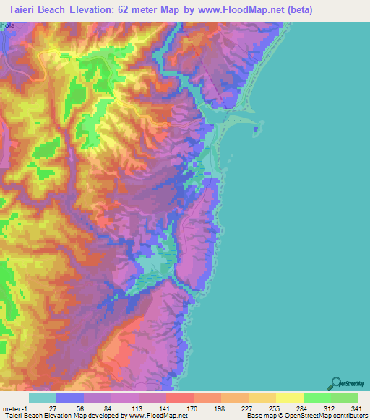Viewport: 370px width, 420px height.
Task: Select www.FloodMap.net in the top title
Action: (271, 10)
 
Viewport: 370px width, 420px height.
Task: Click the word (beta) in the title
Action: (340, 10)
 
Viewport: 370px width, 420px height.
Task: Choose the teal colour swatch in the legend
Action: (42, 398)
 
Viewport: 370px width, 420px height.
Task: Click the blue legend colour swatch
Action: (69, 398)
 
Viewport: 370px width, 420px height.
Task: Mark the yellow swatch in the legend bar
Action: (289, 398)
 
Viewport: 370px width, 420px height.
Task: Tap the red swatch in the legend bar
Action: (179, 398)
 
